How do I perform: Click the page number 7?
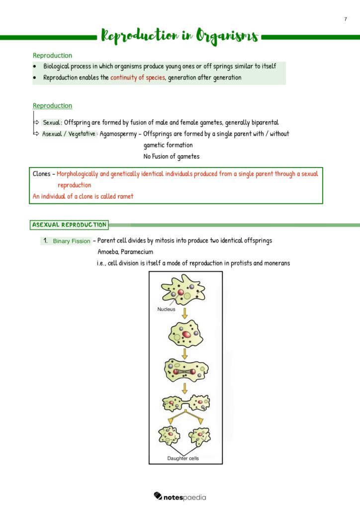346,19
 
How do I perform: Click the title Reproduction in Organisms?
180,36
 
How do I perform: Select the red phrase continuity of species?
137,78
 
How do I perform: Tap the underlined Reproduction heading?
52,106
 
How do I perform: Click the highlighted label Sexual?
52,123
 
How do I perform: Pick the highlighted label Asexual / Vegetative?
69,134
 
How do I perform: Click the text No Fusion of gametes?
171,157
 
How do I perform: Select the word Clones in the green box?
41,174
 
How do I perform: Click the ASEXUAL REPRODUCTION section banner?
69,225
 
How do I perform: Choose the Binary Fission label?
72,241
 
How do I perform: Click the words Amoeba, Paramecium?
125,252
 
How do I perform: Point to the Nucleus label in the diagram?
167,309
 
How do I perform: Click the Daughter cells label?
183,458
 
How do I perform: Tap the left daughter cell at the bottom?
169,436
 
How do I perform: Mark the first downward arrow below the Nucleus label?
184,313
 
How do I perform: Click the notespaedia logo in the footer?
180,497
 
